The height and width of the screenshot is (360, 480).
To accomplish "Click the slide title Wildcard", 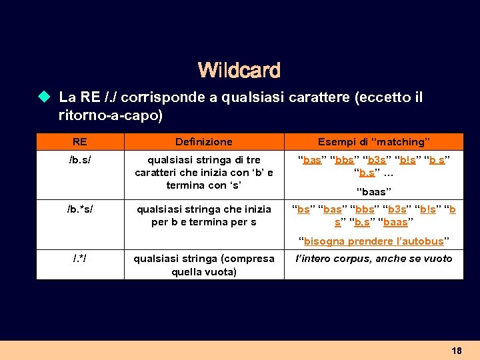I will [x=239, y=69].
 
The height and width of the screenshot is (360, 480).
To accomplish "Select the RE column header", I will [x=79, y=141].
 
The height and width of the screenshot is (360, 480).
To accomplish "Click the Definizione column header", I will [x=203, y=141].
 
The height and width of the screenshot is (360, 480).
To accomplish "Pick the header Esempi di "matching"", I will [x=373, y=141].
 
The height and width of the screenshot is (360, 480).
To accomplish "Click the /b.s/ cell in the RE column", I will [x=79, y=160].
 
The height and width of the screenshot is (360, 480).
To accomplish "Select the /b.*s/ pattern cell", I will [x=79, y=209].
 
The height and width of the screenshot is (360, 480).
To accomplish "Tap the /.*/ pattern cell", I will [x=79, y=259].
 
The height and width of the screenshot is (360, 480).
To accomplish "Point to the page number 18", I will [x=456, y=351].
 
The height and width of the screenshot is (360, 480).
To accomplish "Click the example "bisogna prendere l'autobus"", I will [x=373, y=241].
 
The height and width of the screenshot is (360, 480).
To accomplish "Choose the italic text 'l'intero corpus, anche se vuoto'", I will [x=373, y=259].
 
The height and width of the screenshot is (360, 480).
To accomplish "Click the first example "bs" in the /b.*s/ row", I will [x=303, y=209].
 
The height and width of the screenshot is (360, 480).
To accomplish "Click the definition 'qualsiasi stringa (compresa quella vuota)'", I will [x=203, y=265].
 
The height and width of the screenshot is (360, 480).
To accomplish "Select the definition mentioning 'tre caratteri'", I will [x=203, y=172].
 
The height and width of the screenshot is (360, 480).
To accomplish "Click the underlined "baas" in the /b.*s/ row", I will [x=396, y=222].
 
